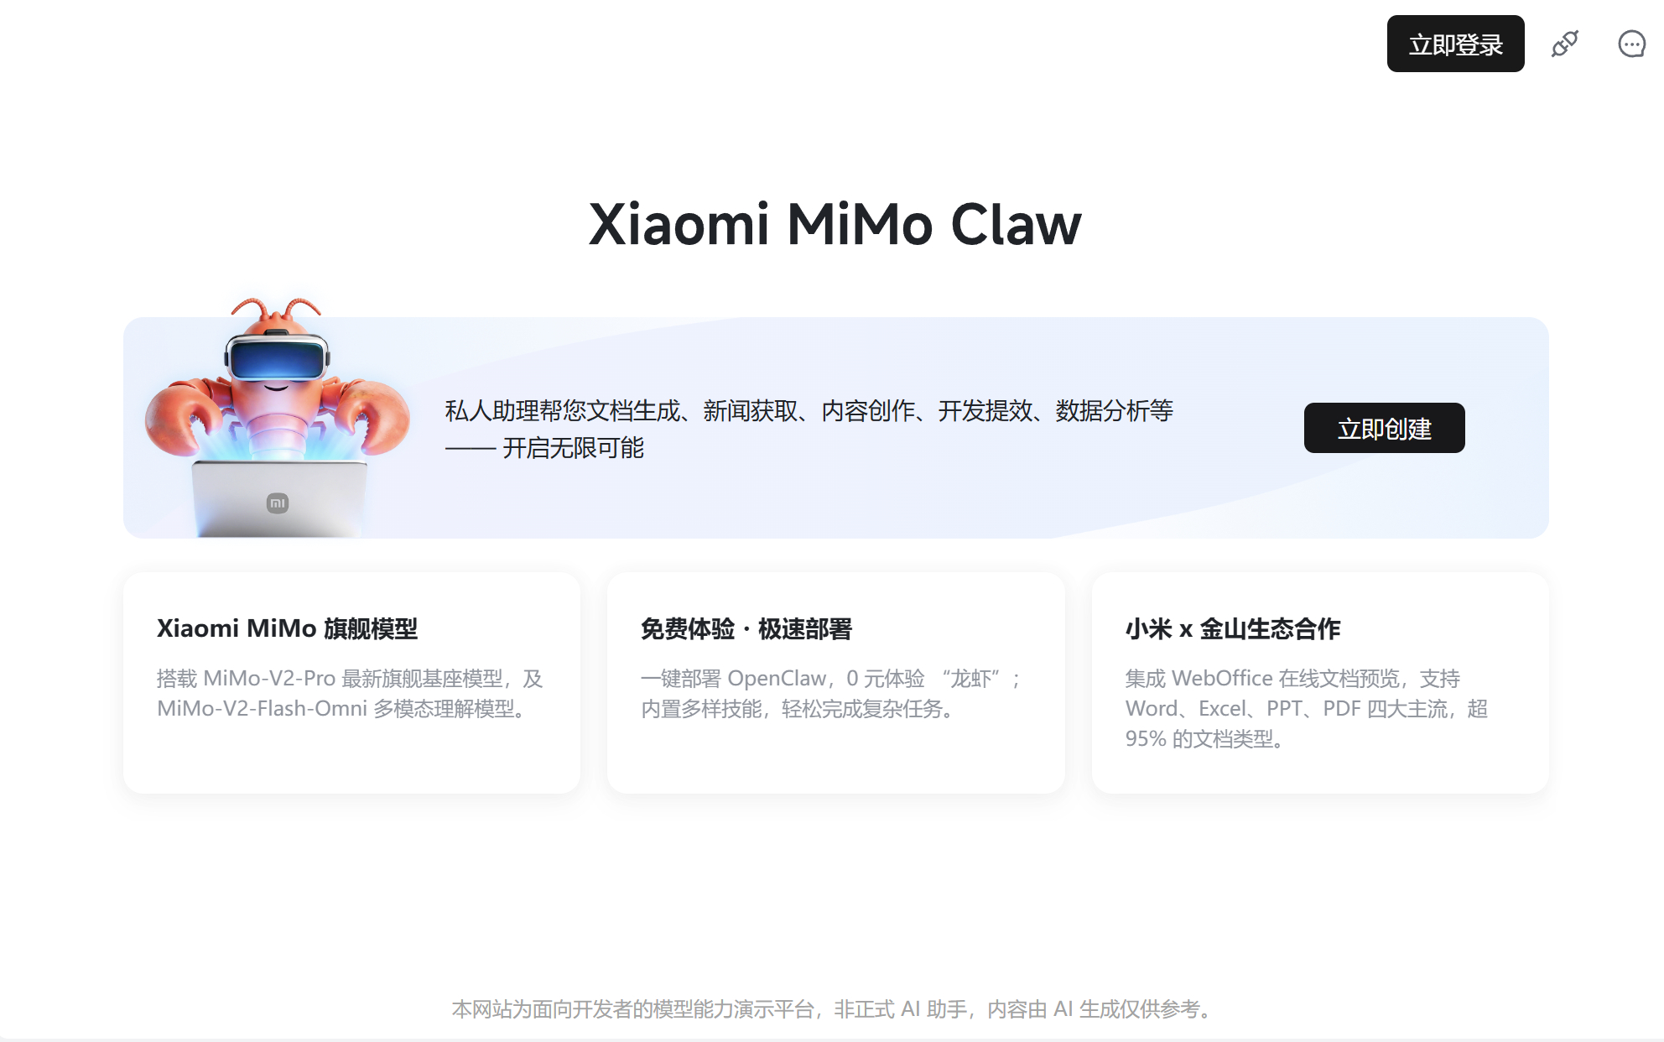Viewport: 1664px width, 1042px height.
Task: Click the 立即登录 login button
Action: (1455, 44)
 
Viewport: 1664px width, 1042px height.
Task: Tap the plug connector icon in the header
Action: (1564, 44)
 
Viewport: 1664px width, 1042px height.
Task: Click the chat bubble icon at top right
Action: (1631, 44)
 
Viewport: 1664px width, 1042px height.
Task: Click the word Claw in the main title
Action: (1016, 225)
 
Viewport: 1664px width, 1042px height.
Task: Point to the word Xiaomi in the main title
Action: (679, 225)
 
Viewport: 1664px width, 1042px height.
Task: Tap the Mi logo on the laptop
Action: (278, 503)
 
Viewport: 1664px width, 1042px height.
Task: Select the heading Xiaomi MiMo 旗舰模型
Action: (287, 628)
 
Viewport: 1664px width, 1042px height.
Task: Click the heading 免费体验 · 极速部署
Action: (746, 628)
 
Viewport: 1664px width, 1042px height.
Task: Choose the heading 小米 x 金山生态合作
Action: (1232, 628)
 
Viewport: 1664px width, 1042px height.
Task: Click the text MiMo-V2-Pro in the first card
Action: (269, 678)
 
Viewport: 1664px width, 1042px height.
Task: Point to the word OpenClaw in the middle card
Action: (777, 678)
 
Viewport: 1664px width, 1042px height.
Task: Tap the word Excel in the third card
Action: (1222, 709)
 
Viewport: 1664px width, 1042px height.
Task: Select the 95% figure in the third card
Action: (1146, 739)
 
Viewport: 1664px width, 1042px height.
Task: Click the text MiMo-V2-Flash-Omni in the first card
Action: (262, 709)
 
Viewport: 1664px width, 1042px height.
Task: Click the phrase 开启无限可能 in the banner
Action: (573, 448)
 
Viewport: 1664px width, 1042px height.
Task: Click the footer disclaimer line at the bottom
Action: (832, 1008)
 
